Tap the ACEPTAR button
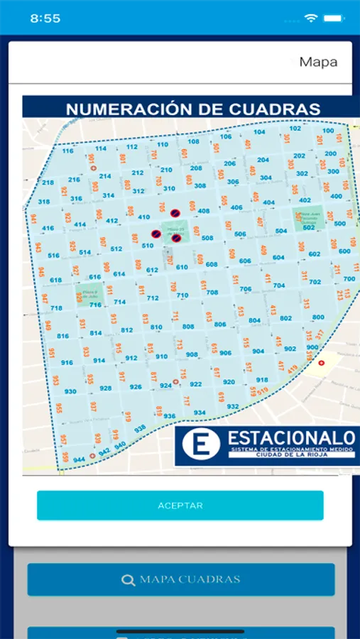pyautogui.click(x=180, y=506)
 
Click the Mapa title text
pyautogui.click(x=318, y=62)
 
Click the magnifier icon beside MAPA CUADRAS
pyautogui.click(x=128, y=580)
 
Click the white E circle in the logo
pyautogui.click(x=197, y=443)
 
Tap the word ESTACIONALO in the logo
pyautogui.click(x=290, y=437)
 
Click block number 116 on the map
pyautogui.click(x=68, y=151)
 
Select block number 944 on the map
pyautogui.click(x=78, y=460)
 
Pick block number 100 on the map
pyautogui.click(x=327, y=131)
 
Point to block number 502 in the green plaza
pyautogui.click(x=309, y=227)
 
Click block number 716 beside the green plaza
pyautogui.click(x=95, y=305)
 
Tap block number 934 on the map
pyautogui.click(x=200, y=413)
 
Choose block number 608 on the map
pyautogui.click(x=212, y=264)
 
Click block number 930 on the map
pyautogui.click(x=70, y=391)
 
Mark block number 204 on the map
pyautogui.click(x=263, y=160)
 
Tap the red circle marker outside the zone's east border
pyautogui.click(x=321, y=363)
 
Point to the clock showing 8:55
pyautogui.click(x=45, y=18)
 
